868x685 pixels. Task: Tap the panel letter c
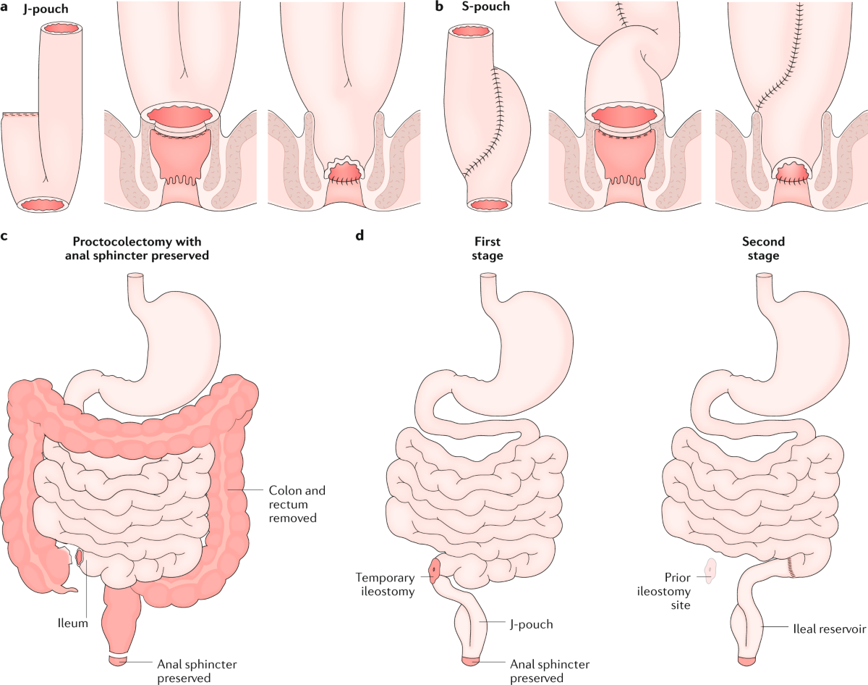(x=6, y=235)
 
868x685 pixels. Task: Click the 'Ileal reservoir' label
(x=826, y=629)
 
